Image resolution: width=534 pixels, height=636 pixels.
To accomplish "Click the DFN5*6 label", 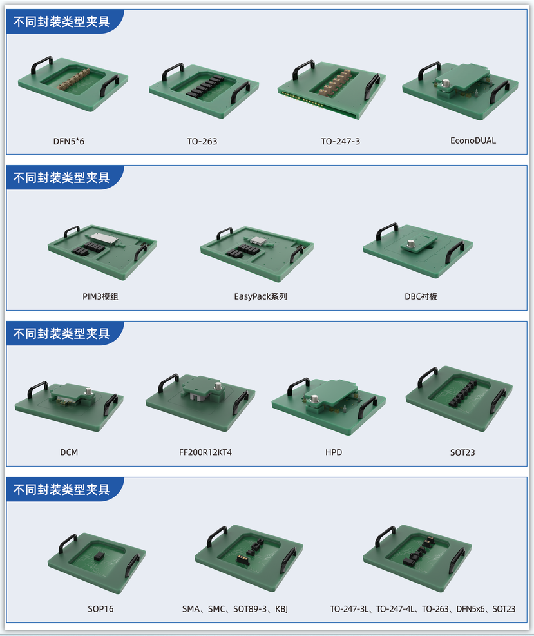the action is [x=68, y=142].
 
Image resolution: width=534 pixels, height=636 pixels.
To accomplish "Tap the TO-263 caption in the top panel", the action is [x=202, y=142].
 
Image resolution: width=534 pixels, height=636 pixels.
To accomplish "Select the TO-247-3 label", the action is [x=340, y=142].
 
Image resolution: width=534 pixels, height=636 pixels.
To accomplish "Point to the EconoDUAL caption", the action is [x=473, y=140].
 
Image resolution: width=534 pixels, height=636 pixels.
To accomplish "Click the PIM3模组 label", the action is [x=100, y=296].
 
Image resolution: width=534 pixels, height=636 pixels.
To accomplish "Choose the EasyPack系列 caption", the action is [x=260, y=296].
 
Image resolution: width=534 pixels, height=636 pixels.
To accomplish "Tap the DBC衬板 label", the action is [x=421, y=296].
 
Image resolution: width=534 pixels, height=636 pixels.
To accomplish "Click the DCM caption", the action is [x=69, y=452].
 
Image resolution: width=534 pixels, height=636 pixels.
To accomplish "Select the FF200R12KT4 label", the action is [x=205, y=452].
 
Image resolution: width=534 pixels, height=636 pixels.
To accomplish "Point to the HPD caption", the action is [x=333, y=452].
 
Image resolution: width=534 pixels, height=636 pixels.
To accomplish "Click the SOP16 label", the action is [x=100, y=609].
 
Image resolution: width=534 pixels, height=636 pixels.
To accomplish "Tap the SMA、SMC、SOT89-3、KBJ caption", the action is [x=234, y=609].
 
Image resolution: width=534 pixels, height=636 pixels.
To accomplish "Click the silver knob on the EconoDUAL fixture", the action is [x=446, y=83].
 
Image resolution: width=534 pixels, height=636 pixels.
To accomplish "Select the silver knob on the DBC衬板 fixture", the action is [x=411, y=244].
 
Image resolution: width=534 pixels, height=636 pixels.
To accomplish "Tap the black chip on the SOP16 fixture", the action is [x=99, y=555].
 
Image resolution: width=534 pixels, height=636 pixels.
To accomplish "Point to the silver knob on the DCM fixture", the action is [x=88, y=391].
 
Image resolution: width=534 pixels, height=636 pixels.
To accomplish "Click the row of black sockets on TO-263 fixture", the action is [x=205, y=86].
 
